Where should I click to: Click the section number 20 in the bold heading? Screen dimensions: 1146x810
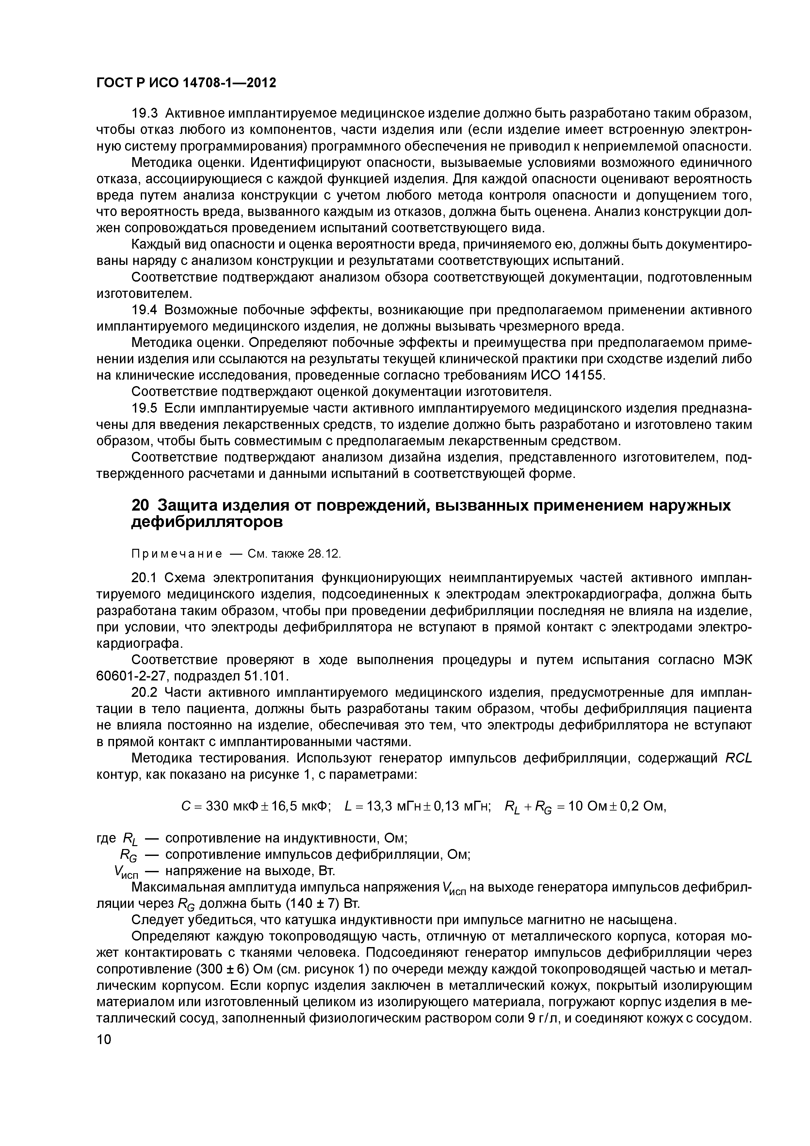[x=140, y=506]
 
